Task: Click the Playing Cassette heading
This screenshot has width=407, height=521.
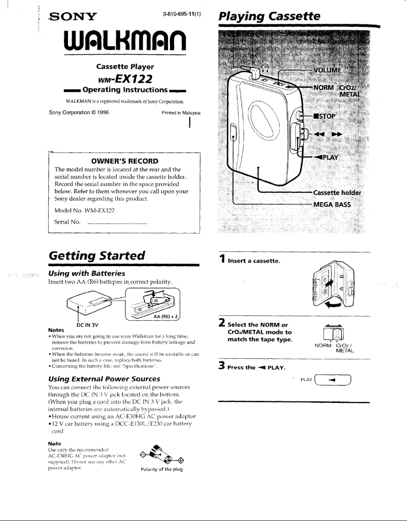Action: pos(269,16)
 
